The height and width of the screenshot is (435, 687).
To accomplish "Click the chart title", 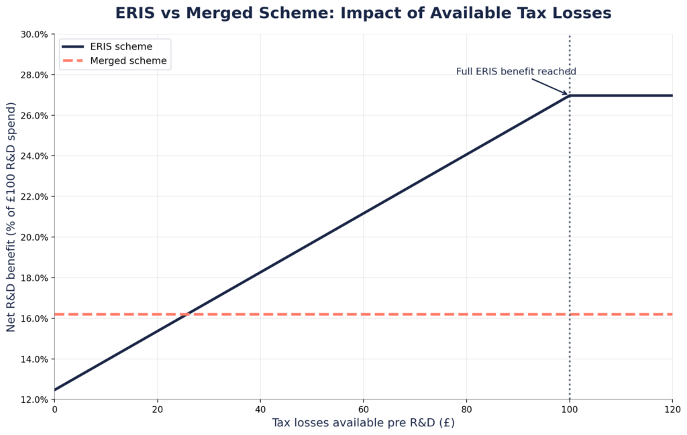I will [363, 13].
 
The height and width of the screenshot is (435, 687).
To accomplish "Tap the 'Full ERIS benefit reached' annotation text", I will [516, 72].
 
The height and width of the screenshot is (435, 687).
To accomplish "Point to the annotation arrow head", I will [568, 95].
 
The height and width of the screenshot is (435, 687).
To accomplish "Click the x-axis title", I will [363, 424].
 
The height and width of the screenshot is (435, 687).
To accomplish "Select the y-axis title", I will [11, 216].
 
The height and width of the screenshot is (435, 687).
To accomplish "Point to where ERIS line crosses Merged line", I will [186, 314].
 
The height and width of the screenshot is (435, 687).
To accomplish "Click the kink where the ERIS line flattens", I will [570, 95].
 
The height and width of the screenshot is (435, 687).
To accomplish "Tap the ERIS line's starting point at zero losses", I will [55, 389].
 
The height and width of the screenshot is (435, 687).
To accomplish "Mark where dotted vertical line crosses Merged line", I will [570, 314].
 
